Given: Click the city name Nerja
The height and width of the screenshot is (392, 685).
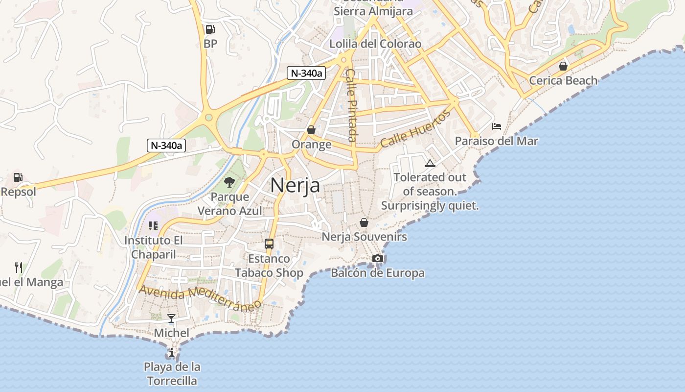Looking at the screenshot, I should pos(295,185).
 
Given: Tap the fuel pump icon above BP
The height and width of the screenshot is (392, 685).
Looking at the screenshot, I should pos(210,29).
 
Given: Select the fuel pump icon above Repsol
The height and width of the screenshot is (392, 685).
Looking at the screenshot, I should pos(18,177).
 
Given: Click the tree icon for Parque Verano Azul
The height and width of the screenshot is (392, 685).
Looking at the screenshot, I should pos(229,183).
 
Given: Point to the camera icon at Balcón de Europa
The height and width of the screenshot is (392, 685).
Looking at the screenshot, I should pos(377,258).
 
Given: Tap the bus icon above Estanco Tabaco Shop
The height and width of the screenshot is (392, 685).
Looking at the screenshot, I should pos(269,244).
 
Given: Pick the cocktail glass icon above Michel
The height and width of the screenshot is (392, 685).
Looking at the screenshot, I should pos(171,318).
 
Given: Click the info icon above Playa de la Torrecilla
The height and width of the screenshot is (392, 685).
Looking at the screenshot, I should pos(171,352).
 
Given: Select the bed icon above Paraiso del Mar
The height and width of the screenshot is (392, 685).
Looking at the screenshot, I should pos(497,126).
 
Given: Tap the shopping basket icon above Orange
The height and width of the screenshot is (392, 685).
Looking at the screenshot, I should pos(311,130).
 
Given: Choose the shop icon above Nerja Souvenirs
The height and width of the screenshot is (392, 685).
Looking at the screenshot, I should pos(364,222).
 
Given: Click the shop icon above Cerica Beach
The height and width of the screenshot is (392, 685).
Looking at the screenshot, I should pos(563,66).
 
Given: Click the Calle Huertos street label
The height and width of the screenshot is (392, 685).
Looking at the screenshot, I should pos(415,129).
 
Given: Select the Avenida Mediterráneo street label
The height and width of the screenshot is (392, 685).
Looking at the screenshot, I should pos(200,298).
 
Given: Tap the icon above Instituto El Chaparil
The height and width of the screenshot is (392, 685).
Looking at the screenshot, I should pos(153,226).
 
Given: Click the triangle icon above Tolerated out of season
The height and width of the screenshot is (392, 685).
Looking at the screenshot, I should pos(430,163).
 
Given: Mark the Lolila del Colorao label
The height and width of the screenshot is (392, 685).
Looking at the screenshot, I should pos(375,44).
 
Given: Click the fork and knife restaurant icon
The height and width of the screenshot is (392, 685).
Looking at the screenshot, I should pos(19,268).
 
